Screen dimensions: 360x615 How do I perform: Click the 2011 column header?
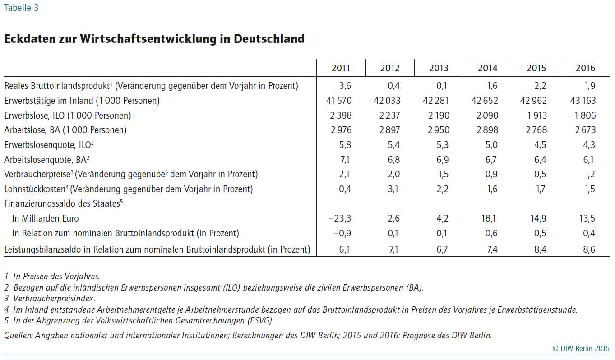click(341, 68)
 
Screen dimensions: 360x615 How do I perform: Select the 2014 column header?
click(487, 68)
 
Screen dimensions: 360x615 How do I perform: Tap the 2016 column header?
click(585, 68)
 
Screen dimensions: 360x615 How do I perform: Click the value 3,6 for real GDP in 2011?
click(345, 86)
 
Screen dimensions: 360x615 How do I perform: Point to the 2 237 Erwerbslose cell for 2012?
click(390, 115)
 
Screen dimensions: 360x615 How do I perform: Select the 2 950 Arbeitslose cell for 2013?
click(439, 130)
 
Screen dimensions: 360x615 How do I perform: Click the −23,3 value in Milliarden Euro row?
click(340, 218)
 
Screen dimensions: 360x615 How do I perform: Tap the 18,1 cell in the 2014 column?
click(489, 218)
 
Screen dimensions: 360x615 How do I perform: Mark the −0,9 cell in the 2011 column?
click(342, 233)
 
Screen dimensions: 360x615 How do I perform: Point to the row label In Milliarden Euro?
click(45, 218)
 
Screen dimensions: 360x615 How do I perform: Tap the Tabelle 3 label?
click(21, 8)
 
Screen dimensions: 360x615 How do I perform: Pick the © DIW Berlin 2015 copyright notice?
click(581, 348)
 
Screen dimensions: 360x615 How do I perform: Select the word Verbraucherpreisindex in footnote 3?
click(54, 298)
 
